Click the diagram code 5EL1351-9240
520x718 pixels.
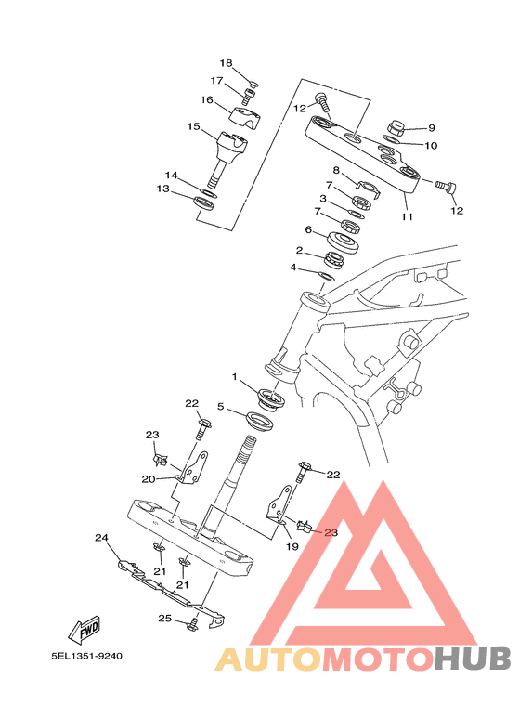click(x=87, y=656)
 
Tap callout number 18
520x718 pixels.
click(x=226, y=63)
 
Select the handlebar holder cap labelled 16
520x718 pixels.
click(x=247, y=117)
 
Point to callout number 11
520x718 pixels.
click(x=407, y=216)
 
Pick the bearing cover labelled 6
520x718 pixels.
click(x=343, y=242)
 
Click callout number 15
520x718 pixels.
click(x=194, y=126)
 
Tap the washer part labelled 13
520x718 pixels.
click(x=204, y=202)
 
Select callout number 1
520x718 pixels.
click(x=235, y=377)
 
